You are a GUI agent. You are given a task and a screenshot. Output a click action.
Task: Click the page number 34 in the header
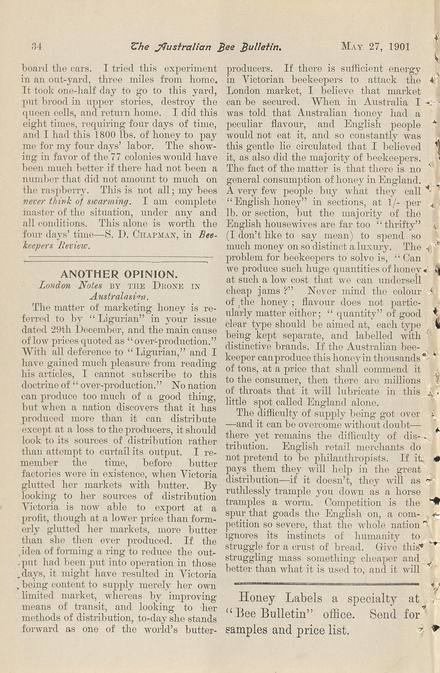pos(37,47)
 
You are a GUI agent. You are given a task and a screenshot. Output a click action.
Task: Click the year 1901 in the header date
pos(400,47)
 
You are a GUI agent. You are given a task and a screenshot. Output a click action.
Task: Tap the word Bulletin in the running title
pos(260,47)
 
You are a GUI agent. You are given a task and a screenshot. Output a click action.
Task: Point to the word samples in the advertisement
pos(248,630)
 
